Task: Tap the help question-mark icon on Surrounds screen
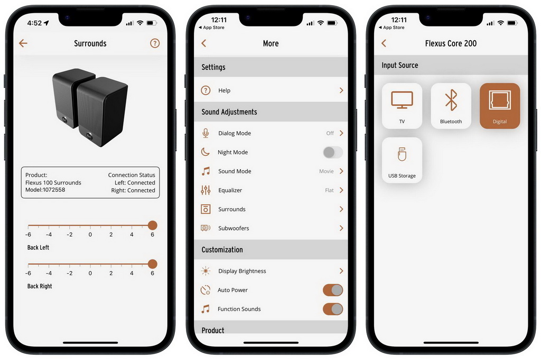coord(155,43)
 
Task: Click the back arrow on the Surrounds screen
coord(23,43)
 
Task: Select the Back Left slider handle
coord(153,225)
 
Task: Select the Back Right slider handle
coord(153,264)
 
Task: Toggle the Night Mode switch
coord(333,152)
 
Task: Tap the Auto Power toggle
coord(333,290)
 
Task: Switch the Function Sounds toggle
coord(333,309)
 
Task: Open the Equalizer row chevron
coord(341,190)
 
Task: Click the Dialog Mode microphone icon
coord(206,133)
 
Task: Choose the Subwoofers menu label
coord(234,228)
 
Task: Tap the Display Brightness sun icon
coord(206,271)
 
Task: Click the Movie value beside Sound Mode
coord(327,171)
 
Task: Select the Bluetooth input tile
coord(451,106)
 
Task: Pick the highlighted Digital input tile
coord(500,106)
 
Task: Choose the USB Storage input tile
coord(402,160)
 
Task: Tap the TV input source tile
coord(402,106)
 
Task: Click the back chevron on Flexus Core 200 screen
coord(384,43)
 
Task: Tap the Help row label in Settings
coord(224,90)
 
